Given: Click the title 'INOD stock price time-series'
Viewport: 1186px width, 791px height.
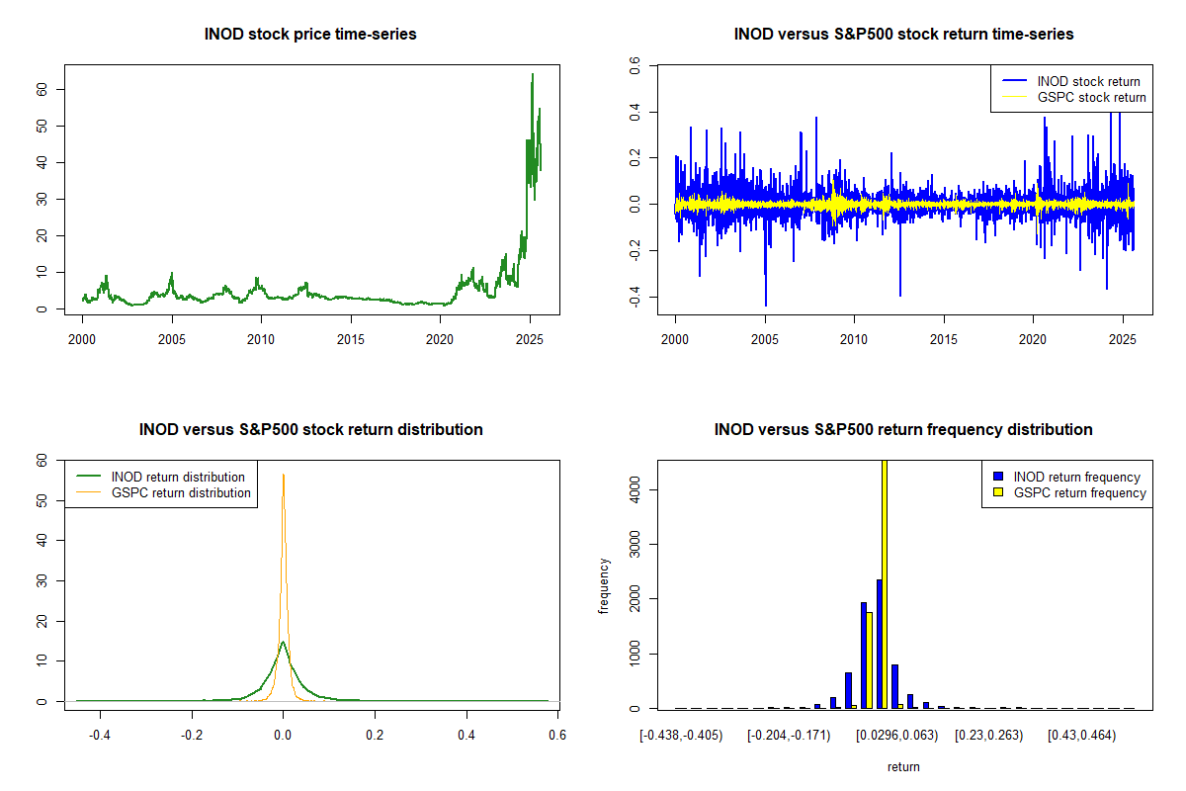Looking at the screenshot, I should [x=310, y=35].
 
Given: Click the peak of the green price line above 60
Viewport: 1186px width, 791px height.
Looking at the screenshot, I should [x=533, y=74].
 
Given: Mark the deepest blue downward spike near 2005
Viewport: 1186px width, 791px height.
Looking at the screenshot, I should [x=765, y=305].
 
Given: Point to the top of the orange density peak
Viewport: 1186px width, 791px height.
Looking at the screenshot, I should [x=284, y=475].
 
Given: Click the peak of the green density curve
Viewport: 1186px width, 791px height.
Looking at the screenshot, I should [x=284, y=643].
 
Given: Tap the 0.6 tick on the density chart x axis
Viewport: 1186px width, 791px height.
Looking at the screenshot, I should [x=557, y=736].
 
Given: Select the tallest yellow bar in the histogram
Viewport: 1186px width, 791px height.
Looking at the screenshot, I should [x=885, y=583].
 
